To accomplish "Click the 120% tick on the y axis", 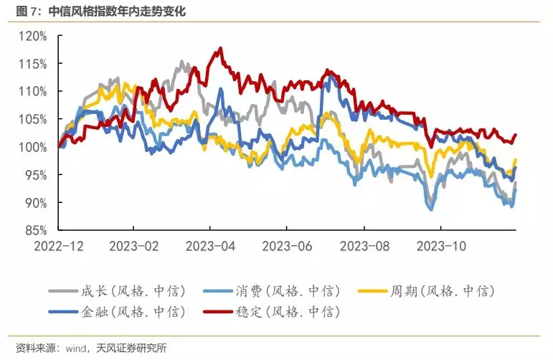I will (33, 36).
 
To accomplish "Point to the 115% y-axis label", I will (33, 64).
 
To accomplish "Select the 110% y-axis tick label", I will (33, 92).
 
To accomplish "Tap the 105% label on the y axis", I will (33, 119).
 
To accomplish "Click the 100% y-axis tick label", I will (33, 147).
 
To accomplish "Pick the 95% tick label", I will (35, 175).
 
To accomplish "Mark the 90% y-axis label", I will (35, 203).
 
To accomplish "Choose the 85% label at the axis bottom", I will (35, 230).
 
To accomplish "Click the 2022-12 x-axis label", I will (59, 245).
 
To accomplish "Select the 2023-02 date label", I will (135, 245).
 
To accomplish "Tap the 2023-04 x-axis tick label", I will (211, 245).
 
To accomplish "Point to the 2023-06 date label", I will (288, 245).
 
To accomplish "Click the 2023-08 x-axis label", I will (364, 245).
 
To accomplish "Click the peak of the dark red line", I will (220, 48).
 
